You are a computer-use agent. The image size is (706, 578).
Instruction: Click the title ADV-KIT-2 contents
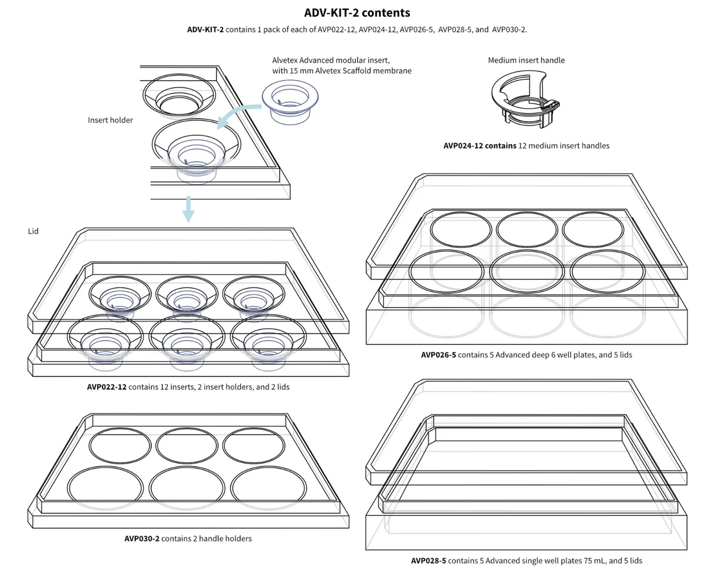tap(357, 13)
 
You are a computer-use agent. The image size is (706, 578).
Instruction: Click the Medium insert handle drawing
tap(525, 100)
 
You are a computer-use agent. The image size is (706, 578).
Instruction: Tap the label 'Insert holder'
tap(110, 120)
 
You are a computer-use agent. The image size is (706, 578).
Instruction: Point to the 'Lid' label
tap(33, 231)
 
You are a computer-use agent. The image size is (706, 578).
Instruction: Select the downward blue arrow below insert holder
tap(188, 210)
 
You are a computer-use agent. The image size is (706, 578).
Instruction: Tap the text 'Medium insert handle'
tap(526, 60)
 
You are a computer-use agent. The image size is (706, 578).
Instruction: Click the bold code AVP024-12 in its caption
tap(464, 146)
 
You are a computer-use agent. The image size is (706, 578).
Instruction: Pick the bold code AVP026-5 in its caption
tap(438, 354)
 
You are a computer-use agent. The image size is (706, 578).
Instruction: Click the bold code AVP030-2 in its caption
tap(141, 538)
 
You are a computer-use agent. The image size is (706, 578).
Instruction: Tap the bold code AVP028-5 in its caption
tap(429, 561)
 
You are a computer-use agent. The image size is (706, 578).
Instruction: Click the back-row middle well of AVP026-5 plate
tap(527, 229)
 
